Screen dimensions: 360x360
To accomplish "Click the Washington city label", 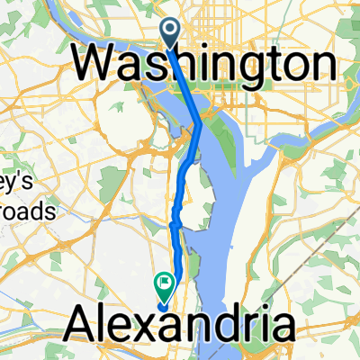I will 205,64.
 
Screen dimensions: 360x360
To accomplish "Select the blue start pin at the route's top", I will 169,32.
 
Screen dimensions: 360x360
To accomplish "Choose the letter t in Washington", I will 269,64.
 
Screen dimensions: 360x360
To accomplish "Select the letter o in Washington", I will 293,66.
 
